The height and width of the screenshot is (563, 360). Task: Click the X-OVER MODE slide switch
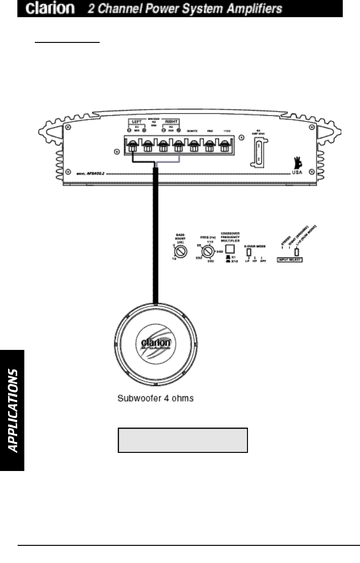pos(248,253)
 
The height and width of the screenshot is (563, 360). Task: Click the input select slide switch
pos(297,252)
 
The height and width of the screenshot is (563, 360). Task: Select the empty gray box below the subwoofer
pos(183,440)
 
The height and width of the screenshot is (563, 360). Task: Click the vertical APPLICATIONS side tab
pos(12,410)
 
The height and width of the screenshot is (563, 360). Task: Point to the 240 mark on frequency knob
pos(220,251)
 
